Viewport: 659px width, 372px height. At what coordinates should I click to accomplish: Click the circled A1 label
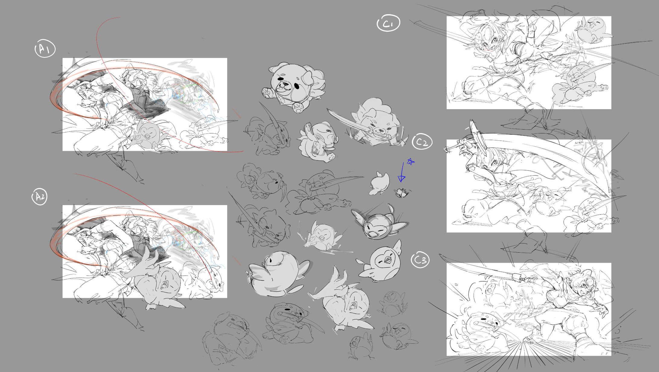coord(45,48)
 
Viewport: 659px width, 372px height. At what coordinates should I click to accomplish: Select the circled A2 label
coord(40,197)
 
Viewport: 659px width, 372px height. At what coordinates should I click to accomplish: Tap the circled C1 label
coord(389,23)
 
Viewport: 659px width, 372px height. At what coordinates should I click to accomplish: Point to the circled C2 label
coord(422,141)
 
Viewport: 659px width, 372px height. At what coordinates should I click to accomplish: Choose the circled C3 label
coord(420,259)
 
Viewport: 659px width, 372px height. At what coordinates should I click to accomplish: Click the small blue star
coord(411,162)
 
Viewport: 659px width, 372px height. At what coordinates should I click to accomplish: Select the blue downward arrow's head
coord(401,178)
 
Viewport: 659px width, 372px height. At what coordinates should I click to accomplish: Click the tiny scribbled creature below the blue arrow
coord(402,193)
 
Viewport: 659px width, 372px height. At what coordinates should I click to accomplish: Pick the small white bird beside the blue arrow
coord(379,183)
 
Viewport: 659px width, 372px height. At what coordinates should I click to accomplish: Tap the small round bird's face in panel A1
coord(148,134)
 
